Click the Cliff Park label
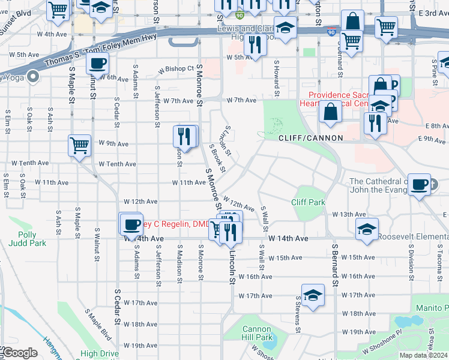coord(309,202)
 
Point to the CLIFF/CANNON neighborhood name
coord(310,138)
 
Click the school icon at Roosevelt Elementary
coord(367,229)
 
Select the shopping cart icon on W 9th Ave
coord(79,145)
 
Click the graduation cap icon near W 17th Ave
coord(313,295)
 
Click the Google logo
coord(19,353)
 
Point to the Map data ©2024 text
coord(424,355)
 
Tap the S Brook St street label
coord(217,158)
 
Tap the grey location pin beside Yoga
coord(32,76)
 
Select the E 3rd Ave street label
coord(433,13)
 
